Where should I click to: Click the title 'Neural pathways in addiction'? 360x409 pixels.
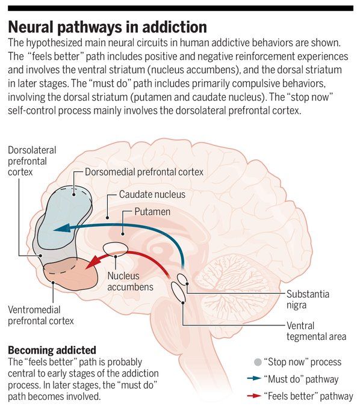[x=107, y=27]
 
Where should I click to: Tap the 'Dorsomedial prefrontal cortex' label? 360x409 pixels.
[x=144, y=172]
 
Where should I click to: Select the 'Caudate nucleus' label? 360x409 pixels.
[x=152, y=194]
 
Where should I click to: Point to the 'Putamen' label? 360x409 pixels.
[x=152, y=212]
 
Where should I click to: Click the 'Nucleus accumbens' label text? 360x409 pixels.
[x=130, y=281]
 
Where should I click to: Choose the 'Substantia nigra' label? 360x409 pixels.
[x=308, y=300]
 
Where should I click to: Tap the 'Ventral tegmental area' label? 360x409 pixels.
[x=317, y=331]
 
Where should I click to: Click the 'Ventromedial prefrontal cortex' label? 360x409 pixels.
[x=41, y=315]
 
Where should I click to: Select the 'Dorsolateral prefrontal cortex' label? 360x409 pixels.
[x=32, y=161]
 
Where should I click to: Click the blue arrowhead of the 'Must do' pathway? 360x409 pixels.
[x=62, y=229]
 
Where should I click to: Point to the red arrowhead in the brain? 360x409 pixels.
[x=93, y=262]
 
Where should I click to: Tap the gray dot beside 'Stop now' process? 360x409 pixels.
[x=258, y=362]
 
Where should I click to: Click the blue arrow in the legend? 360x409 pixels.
[x=254, y=378]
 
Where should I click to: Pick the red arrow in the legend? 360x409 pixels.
[x=254, y=396]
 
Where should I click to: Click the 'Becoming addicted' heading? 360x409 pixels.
[x=52, y=350]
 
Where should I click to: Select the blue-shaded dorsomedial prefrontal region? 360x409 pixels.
[x=64, y=217]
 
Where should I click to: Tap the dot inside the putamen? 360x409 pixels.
[x=123, y=234]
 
